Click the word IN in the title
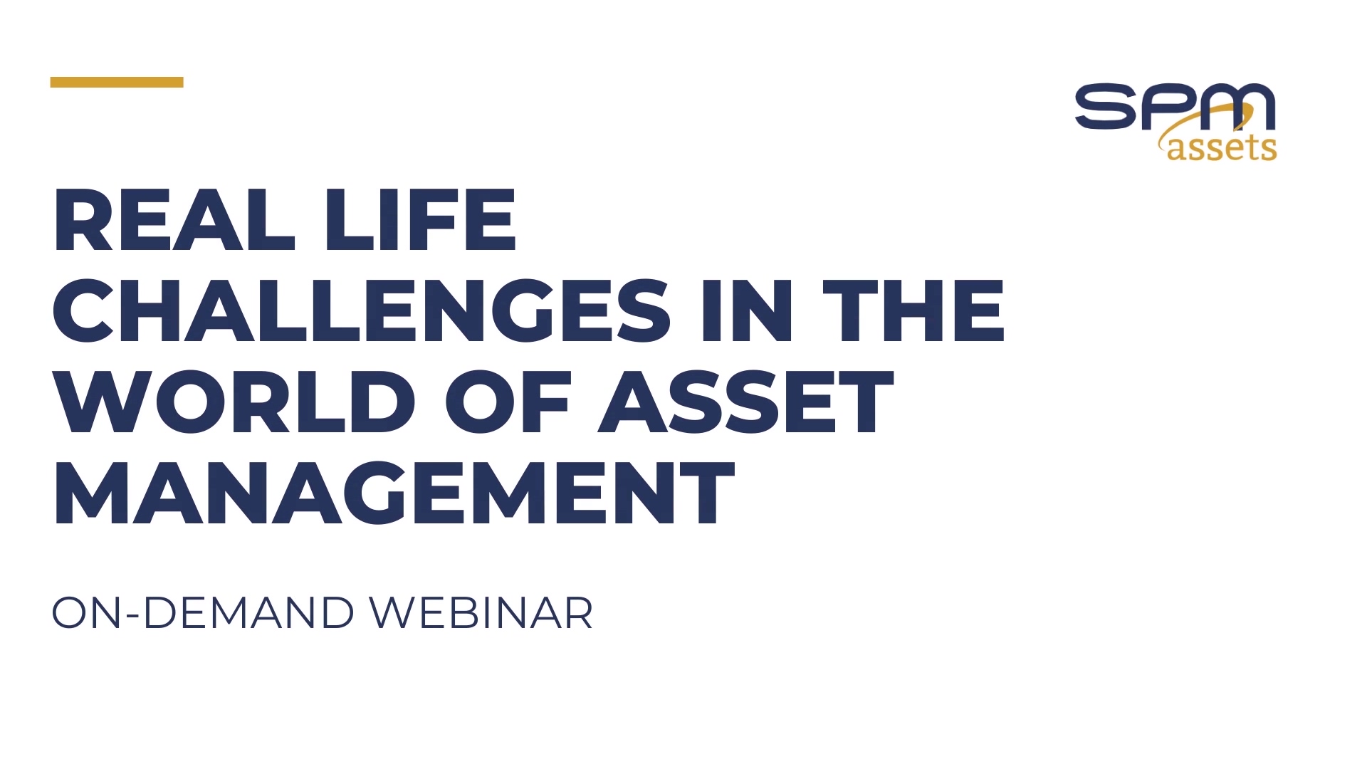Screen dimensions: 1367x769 point(747,310)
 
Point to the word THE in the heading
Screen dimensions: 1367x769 point(913,310)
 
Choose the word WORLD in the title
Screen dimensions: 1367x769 point(234,402)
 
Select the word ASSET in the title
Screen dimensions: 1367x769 point(746,402)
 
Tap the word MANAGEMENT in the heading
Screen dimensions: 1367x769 point(394,493)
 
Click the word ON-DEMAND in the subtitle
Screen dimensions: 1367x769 point(203,612)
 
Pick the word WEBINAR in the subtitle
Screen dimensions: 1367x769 point(481,612)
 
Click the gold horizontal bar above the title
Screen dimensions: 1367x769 point(117,82)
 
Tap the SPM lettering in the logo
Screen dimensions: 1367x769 point(1175,107)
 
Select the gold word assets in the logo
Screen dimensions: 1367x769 point(1222,147)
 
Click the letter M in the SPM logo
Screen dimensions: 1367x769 point(1238,107)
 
